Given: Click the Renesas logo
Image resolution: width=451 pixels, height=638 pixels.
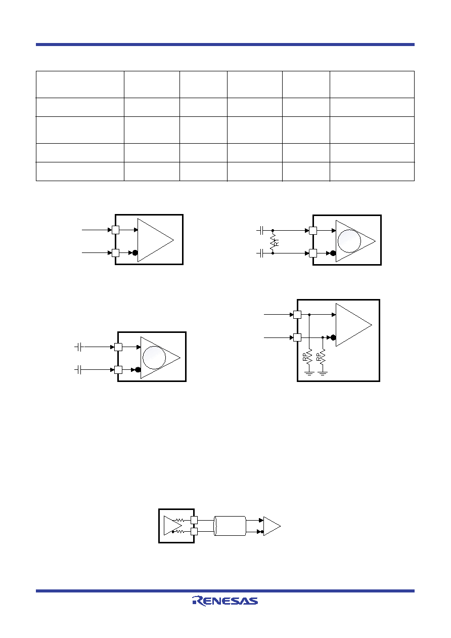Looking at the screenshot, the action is [225, 601].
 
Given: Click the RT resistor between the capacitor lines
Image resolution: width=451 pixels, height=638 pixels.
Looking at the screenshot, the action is [273, 242].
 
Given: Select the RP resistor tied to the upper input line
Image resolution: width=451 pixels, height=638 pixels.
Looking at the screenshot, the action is [309, 356].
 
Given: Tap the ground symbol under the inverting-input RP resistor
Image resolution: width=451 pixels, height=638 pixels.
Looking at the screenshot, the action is [323, 373].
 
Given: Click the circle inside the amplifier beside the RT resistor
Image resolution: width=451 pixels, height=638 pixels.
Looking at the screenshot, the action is [349, 241].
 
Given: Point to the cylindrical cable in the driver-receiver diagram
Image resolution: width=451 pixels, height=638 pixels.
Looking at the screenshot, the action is [230, 526].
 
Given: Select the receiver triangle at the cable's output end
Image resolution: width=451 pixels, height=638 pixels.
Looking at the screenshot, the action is [272, 526].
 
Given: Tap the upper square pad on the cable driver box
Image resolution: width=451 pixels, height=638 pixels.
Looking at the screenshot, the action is [194, 520].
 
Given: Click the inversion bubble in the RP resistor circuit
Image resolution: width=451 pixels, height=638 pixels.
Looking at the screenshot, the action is [333, 337].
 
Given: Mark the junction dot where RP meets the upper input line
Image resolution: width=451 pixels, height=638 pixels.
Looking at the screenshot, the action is [309, 314].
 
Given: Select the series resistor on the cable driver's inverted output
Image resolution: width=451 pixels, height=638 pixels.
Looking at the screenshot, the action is [179, 531].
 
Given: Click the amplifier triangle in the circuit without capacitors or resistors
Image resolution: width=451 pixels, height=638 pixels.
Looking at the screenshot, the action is [156, 240].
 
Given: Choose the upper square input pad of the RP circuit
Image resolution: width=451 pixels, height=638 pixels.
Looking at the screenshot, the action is [297, 315].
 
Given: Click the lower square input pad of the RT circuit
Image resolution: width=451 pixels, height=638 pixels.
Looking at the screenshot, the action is [312, 253].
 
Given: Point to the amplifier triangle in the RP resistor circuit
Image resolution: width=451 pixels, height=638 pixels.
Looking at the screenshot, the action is [354, 325].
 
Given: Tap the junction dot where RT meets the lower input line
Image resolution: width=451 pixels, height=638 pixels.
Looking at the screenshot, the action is [273, 253].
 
